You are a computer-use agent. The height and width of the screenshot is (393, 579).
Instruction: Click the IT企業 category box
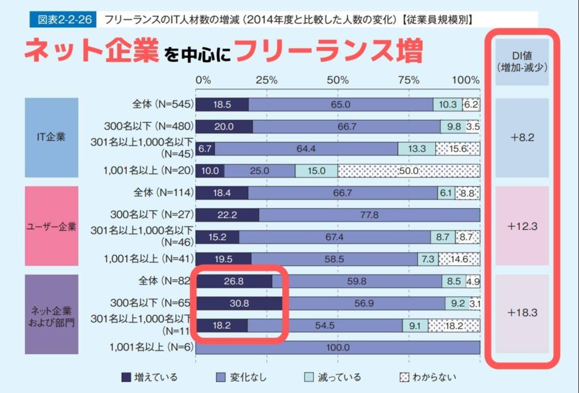(x=51, y=138)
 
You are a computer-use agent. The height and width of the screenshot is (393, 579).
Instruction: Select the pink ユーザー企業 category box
(x=51, y=226)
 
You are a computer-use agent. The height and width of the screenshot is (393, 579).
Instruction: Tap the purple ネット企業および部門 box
(x=51, y=314)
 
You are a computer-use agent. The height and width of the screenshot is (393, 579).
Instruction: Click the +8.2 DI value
(x=522, y=138)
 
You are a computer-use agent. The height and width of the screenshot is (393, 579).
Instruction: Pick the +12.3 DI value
(x=522, y=226)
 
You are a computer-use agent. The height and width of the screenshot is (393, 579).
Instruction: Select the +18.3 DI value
(x=522, y=312)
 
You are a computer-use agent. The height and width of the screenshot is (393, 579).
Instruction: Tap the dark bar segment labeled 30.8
(x=239, y=304)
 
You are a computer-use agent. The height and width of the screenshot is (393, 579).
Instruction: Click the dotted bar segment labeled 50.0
(x=409, y=171)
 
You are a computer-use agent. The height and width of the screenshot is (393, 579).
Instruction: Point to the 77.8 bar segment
(x=369, y=215)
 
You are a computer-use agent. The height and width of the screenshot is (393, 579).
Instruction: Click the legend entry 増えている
(x=150, y=378)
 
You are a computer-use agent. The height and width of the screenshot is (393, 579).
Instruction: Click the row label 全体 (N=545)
(x=160, y=104)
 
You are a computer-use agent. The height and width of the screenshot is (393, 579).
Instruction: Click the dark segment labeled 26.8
(x=234, y=282)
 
